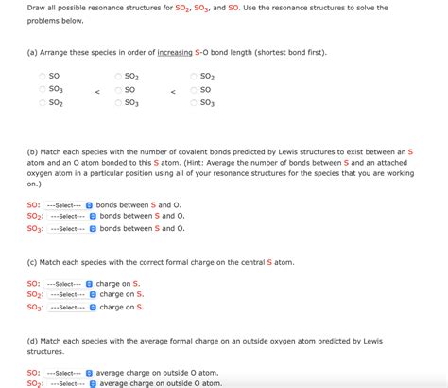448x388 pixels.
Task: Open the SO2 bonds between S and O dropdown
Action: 70,216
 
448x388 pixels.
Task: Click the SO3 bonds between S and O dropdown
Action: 70,228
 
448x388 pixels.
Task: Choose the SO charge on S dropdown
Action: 70,283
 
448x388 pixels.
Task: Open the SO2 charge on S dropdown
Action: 70,294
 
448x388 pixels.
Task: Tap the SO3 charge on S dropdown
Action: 70,307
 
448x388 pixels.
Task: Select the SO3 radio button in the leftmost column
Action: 42,90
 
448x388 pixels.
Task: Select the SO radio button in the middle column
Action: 118,90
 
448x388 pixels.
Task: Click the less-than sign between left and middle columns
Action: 97,91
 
